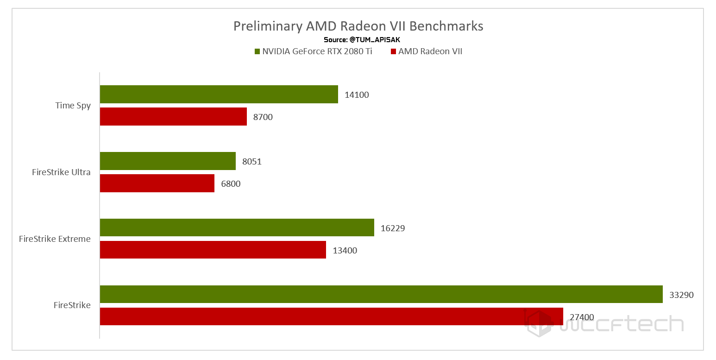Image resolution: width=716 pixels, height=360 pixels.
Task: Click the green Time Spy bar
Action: [219, 94]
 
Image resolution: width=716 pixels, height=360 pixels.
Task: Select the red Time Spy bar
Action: [173, 117]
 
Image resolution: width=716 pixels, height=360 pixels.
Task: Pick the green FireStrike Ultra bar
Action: [168, 161]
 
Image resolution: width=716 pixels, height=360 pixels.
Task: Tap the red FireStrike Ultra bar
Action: [157, 183]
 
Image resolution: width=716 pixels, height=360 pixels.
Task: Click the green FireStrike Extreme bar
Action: [237, 227]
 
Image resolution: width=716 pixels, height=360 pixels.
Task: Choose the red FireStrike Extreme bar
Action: [213, 250]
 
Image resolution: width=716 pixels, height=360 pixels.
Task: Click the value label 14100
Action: [357, 95]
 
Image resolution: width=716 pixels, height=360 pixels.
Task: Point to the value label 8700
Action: [263, 117]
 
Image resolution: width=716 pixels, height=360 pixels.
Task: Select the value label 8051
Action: [252, 162]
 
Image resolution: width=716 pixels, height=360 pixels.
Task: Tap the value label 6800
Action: [231, 184]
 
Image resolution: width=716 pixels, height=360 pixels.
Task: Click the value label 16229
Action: [393, 228]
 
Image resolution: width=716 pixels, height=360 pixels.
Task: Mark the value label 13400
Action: [345, 251]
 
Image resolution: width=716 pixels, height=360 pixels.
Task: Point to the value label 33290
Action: [681, 295]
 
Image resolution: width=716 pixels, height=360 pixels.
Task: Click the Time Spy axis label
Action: [73, 106]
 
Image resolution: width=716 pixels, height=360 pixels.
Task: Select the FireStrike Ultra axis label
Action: [61, 172]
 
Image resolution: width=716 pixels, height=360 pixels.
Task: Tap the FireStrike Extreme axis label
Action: [55, 239]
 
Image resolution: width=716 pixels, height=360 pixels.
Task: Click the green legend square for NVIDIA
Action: [257, 51]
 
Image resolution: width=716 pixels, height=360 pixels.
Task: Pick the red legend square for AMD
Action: [394, 51]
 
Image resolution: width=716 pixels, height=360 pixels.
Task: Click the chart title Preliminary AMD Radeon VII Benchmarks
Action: [358, 26]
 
